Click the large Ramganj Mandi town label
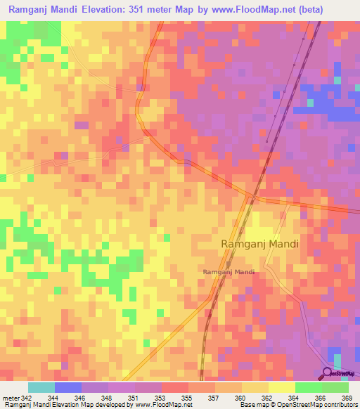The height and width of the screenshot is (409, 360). click(259, 244)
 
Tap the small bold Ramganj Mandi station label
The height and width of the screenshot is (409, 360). click(228, 271)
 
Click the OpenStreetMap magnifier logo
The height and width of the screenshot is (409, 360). click(328, 373)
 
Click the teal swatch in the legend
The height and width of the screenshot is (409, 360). click(41, 387)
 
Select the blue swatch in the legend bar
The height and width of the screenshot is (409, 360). click(67, 387)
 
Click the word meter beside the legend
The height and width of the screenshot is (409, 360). click(8, 397)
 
